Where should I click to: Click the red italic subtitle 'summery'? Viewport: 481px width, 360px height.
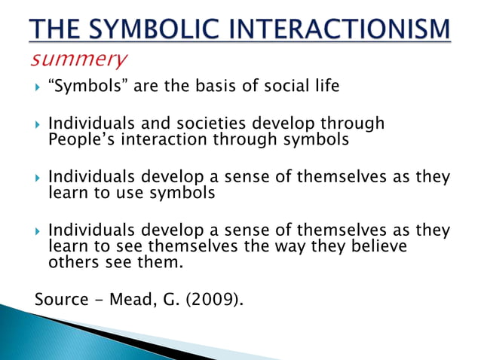click(x=79, y=58)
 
